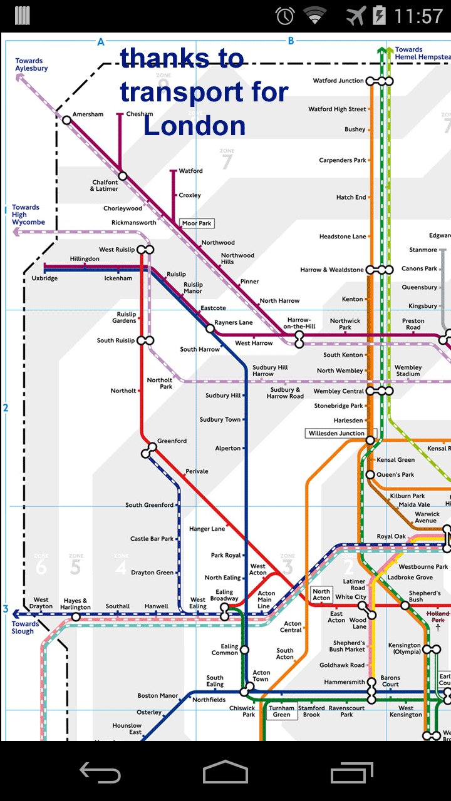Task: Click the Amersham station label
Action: click(88, 115)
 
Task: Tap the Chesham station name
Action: click(139, 114)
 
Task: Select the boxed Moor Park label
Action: click(197, 223)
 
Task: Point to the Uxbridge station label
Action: click(44, 278)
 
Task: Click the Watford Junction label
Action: click(338, 81)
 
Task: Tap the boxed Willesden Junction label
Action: click(336, 433)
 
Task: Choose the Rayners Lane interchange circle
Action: click(210, 328)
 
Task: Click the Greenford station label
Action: click(172, 441)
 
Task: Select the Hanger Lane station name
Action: click(207, 529)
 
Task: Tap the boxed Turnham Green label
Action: click(282, 712)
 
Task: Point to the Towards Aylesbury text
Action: click(31, 64)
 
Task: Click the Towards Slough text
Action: click(25, 628)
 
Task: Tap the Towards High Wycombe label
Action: click(28, 215)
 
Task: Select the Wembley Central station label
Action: click(338, 391)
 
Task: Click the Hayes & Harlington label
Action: click(76, 604)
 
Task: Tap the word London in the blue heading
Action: click(194, 126)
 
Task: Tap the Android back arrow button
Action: click(100, 773)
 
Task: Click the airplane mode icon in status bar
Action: click(356, 16)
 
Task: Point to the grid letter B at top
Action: click(291, 41)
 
